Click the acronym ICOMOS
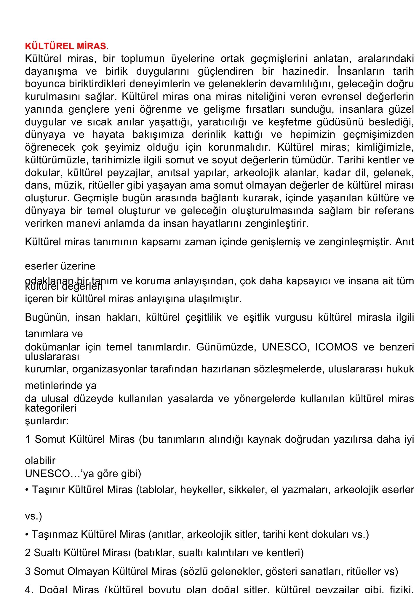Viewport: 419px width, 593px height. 336,347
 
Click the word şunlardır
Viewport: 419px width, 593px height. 47,421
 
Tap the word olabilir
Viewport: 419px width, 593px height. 40,460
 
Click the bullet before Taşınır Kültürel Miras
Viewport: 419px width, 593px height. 27,490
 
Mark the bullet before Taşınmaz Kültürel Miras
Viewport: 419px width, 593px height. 27,535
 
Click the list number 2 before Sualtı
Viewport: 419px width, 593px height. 28,553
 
